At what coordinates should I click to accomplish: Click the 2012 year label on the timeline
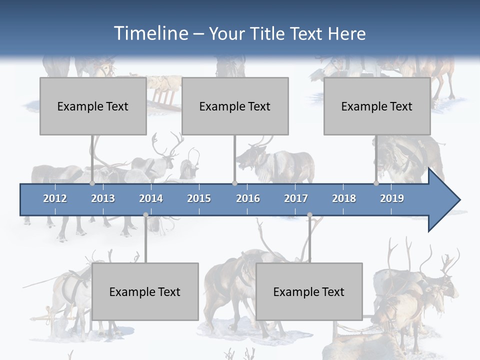coord(55,198)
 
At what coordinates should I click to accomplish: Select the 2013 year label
coord(103,198)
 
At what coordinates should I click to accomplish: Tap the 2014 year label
coord(151,198)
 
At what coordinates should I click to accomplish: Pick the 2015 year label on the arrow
coord(199,198)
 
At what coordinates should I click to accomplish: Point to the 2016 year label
coord(248,198)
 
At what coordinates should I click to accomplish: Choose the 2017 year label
coord(296,198)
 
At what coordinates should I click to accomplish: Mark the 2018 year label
coord(344,198)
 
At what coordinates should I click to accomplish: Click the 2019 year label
coord(392,198)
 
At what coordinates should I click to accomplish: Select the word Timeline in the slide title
coord(150,33)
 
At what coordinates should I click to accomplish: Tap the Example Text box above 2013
coord(93,106)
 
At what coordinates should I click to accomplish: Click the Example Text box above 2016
coord(235,106)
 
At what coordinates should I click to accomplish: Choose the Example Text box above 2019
coord(377,106)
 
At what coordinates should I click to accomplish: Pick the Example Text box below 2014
coord(145,291)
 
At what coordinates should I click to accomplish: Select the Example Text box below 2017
coord(309,291)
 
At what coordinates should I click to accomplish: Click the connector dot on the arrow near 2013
coord(92,183)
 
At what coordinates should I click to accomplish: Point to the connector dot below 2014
coord(145,215)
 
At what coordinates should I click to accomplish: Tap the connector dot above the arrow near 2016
coord(234,183)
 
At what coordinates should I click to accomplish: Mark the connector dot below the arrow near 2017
coord(309,215)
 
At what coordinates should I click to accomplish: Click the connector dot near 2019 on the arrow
coord(376,183)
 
